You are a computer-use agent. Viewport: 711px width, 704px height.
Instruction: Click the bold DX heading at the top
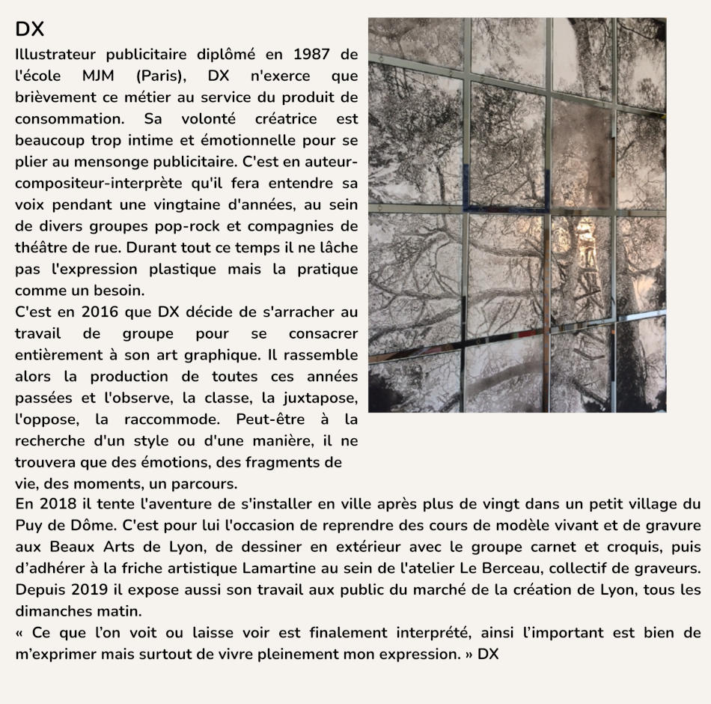[30, 29]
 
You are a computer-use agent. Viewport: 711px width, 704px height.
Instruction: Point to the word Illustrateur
[55, 55]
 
